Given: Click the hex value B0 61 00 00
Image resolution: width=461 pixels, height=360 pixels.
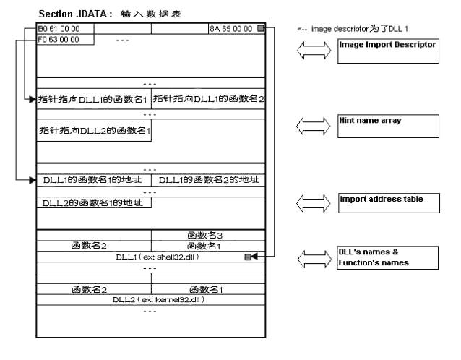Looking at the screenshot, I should pyautogui.click(x=59, y=29).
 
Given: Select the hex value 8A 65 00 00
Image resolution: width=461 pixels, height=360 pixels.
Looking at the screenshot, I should pyautogui.click(x=229, y=29).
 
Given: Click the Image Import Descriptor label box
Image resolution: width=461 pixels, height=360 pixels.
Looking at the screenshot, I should pyautogui.click(x=388, y=51).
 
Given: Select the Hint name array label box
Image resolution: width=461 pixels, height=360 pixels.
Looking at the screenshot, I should pyautogui.click(x=388, y=126).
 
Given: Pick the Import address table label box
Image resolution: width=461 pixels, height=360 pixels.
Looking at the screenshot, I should pyautogui.click(x=388, y=202).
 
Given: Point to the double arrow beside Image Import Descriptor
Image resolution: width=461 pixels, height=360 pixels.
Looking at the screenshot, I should pyautogui.click(x=314, y=51).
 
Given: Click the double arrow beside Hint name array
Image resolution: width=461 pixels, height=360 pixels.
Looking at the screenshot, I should pyautogui.click(x=314, y=126).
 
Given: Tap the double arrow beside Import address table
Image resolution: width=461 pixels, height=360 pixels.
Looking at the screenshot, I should pyautogui.click(x=314, y=202).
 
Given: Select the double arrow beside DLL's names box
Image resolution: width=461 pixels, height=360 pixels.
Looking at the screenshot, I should pyautogui.click(x=314, y=257).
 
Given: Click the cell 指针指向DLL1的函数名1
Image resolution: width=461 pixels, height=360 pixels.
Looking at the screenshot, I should pyautogui.click(x=94, y=98).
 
